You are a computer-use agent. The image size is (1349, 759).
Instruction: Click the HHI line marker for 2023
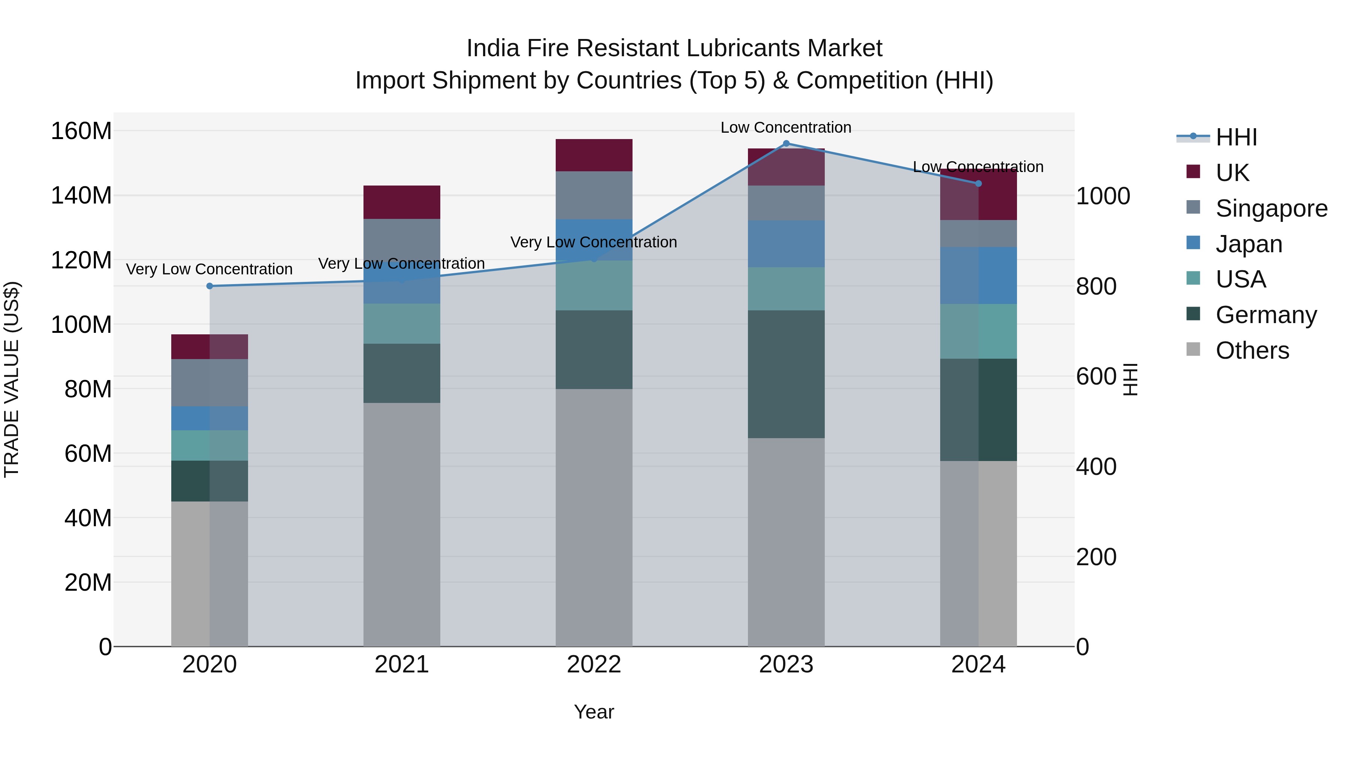click(786, 144)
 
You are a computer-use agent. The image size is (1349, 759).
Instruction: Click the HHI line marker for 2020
click(209, 286)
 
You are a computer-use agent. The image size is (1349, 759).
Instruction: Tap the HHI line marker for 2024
click(978, 183)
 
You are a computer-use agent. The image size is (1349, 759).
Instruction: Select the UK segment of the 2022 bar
click(594, 155)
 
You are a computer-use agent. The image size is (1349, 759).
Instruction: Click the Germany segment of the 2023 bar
click(786, 374)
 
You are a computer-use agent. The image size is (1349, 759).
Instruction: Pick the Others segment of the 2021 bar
click(402, 524)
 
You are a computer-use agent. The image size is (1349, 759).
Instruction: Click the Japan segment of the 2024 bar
click(978, 275)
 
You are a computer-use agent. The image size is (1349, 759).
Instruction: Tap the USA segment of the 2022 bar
click(594, 286)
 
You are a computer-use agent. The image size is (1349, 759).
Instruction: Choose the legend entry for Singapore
click(1271, 208)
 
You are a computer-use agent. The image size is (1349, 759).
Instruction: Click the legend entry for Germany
click(1266, 315)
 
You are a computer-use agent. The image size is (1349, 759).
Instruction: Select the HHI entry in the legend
click(1236, 137)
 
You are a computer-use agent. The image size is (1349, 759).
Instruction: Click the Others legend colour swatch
click(1193, 349)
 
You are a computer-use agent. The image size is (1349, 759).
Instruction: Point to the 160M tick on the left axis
click(81, 131)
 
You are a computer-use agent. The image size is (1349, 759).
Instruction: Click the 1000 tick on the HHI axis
click(1103, 196)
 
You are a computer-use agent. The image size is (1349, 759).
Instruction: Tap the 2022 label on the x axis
click(594, 665)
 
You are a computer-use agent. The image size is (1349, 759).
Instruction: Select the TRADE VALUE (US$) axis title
click(12, 379)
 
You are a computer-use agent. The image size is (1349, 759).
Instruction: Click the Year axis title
click(594, 712)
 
